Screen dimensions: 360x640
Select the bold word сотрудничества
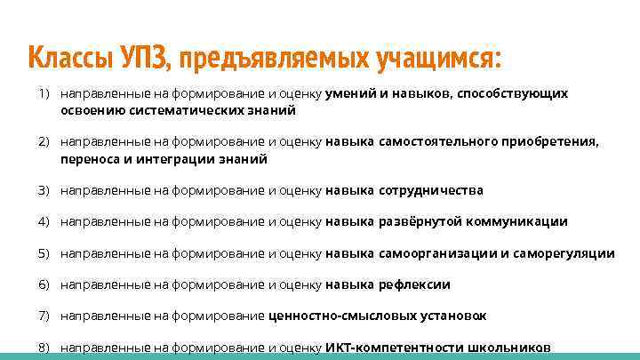(431, 190)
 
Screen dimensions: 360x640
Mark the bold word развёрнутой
(416, 222)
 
